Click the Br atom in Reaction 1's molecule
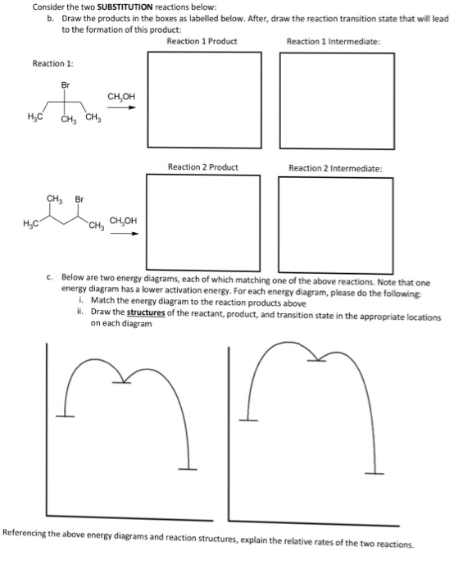click(x=66, y=84)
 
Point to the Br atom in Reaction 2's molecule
click(x=80, y=198)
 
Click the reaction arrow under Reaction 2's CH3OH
click(x=123, y=233)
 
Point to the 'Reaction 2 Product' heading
click(x=202, y=167)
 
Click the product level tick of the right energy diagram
click(x=375, y=473)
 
